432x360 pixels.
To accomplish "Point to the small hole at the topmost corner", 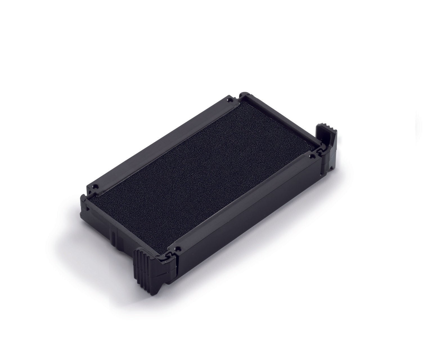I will pyautogui.click(x=231, y=99).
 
